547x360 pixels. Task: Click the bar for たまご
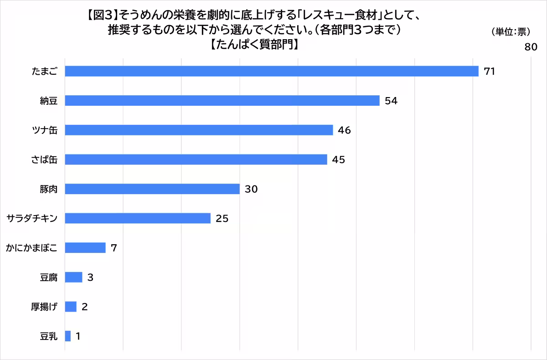[x=272, y=71]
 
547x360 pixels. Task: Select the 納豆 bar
[x=222, y=101]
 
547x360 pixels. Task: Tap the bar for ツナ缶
[x=199, y=130]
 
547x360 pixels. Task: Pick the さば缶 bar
[x=196, y=159]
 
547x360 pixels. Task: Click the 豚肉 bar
[x=152, y=189]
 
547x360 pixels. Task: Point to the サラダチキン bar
[x=138, y=218]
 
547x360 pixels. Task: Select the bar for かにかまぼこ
[x=85, y=248]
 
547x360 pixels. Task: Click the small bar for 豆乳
[x=67, y=336]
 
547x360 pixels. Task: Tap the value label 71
[x=490, y=71]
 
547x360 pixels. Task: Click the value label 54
[x=391, y=101]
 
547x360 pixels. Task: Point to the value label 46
[x=344, y=130]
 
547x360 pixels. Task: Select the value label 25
[x=222, y=218]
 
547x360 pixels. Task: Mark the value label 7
[x=114, y=248]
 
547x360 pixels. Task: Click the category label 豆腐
[x=49, y=278]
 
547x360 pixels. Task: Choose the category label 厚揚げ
[x=44, y=307]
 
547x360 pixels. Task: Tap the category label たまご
[x=45, y=71]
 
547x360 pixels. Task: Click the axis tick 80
[x=531, y=47]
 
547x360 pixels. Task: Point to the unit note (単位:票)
[x=511, y=32]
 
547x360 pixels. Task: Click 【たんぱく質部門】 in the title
[x=254, y=44]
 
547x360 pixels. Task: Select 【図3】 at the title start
[x=102, y=15]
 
